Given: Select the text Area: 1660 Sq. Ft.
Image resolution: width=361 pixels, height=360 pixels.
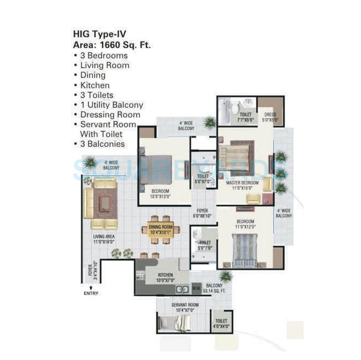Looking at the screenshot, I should tap(112, 45).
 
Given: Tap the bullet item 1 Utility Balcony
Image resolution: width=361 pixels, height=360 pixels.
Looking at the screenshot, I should tap(112, 105).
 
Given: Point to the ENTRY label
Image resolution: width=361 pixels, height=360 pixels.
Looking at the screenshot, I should tap(91, 293).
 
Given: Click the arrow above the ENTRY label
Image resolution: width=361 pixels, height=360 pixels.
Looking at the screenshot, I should tap(91, 285).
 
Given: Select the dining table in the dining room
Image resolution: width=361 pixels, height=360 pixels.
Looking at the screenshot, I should tap(160, 229).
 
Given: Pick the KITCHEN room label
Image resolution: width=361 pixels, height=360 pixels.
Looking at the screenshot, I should tap(165, 275).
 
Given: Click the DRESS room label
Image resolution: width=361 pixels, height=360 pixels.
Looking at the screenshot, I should tap(270, 114).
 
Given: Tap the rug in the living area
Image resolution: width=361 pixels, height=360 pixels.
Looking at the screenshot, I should tap(105, 203).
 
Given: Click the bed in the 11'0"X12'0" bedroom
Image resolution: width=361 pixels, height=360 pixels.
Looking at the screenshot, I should tap(245, 250).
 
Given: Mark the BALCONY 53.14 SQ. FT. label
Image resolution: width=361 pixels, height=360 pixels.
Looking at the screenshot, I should tap(214, 288).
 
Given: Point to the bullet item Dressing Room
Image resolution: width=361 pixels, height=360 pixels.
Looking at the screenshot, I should tap(110, 115).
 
